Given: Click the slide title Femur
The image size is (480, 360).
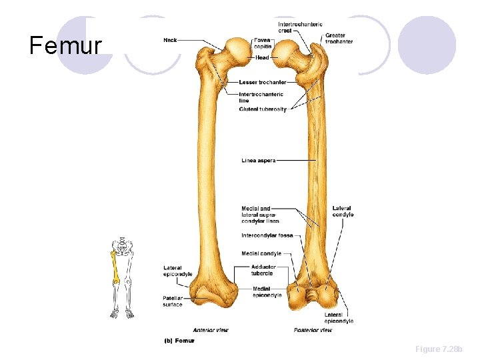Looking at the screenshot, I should point(65,46).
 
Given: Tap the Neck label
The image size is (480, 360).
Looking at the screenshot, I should point(171,40).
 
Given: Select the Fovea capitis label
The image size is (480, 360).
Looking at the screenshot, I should point(262,43).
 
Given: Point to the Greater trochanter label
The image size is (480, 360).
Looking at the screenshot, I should point(339,38).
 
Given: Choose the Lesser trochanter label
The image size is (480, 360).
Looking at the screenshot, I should point(263,82).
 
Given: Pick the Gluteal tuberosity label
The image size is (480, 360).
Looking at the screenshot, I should point(263,109).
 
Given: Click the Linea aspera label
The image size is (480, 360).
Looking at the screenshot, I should point(258,160).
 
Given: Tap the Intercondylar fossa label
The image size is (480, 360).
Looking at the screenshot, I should point(267,235).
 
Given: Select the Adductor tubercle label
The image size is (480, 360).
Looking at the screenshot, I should point(263,270).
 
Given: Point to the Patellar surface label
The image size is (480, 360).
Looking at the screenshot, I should point(172,301).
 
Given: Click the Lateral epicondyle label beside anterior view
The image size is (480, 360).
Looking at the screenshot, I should point(177,271).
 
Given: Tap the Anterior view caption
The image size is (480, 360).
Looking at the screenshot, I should point(211,330).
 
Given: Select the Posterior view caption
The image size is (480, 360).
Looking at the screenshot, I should point(313,330).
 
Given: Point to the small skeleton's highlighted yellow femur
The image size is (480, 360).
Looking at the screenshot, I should point(115,267).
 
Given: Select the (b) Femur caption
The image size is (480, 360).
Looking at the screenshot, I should point(179,341).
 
